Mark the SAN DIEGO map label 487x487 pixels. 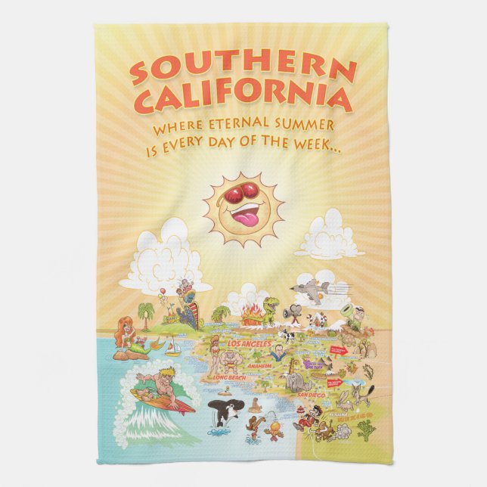[x=311, y=395]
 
